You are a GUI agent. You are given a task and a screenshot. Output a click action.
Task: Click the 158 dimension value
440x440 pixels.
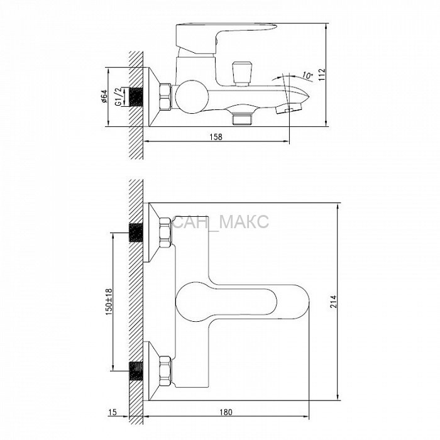tap(216, 136)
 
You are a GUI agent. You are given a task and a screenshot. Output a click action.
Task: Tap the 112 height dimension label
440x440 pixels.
tap(322, 75)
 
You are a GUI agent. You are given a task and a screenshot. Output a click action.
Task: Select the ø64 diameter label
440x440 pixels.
tap(104, 96)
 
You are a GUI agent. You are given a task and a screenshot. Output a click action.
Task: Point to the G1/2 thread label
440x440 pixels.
tap(119, 97)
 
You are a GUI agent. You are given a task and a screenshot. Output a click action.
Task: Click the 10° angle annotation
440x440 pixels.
tap(307, 76)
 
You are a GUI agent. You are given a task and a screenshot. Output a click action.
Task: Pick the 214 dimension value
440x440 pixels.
tap(333, 301)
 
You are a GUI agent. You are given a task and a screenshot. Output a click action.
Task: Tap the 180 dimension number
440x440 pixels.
tap(226, 412)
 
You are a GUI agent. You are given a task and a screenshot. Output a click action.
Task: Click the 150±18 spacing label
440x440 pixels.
tap(109, 302)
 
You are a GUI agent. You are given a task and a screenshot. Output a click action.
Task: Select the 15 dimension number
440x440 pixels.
tap(113, 412)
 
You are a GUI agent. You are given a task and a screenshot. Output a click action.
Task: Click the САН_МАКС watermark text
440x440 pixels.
tap(221, 222)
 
